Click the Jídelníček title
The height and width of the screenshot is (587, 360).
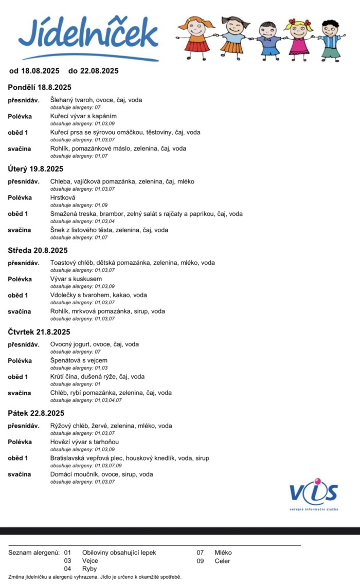[x=88, y=34]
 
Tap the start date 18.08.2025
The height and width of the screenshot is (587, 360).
[x=38, y=71]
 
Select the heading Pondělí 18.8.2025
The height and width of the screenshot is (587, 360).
[x=40, y=87]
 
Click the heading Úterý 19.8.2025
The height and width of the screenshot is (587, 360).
[x=35, y=169]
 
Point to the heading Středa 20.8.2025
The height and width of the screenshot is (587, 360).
[x=38, y=251]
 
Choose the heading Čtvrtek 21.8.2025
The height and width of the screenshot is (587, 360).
[x=39, y=332]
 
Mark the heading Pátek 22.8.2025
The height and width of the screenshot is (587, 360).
[x=36, y=413]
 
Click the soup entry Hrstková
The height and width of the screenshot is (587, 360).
[x=63, y=197]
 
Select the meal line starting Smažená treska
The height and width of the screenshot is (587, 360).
[x=146, y=214]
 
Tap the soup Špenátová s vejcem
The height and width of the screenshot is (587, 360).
[x=79, y=361]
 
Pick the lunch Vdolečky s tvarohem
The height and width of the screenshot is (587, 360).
[x=98, y=296]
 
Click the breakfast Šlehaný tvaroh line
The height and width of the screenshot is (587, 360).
[x=96, y=100]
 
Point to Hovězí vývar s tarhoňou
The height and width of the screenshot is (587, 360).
[x=85, y=442]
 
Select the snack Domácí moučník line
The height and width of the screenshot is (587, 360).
[x=101, y=474]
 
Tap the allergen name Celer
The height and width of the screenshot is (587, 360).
[x=223, y=561]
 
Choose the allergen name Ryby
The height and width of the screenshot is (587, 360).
[x=89, y=569]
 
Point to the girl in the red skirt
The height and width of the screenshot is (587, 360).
[x=195, y=37]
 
